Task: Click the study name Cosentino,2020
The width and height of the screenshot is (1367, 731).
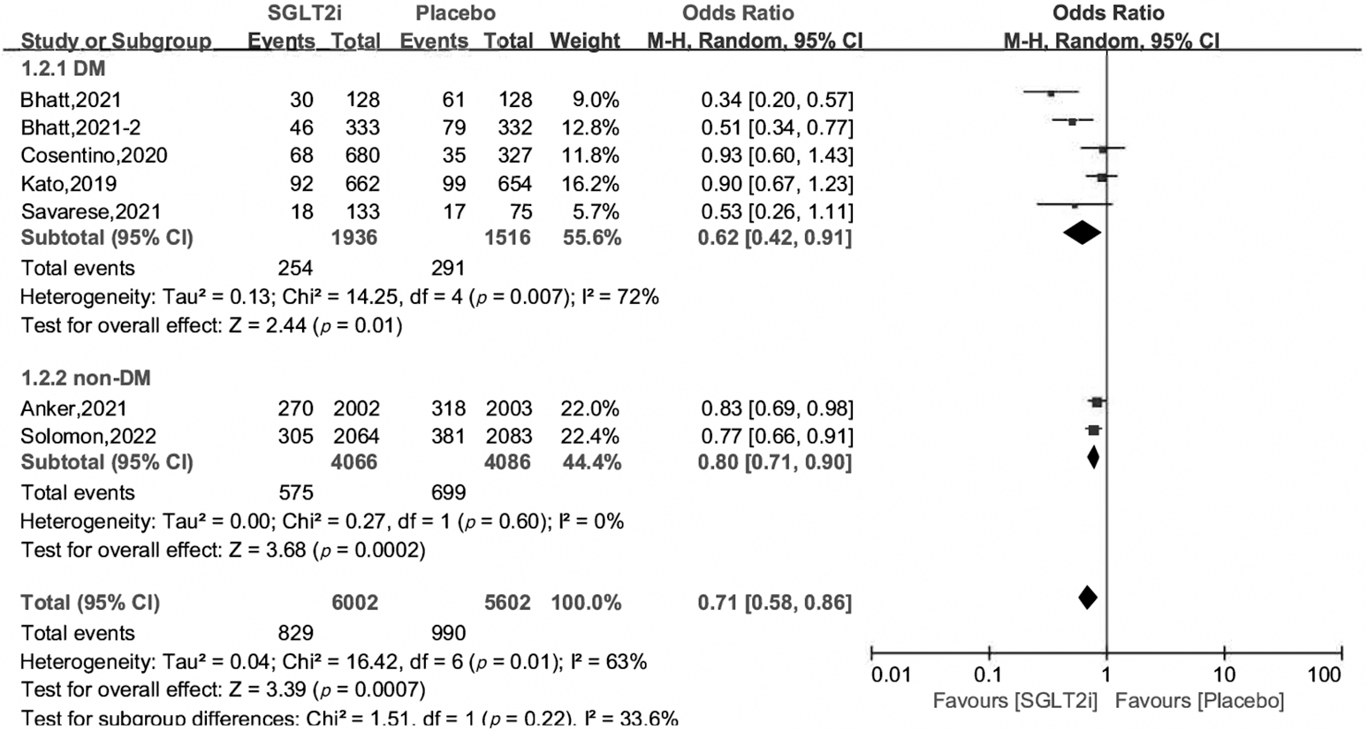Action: (x=94, y=156)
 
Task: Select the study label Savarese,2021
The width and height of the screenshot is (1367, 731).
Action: (x=89, y=212)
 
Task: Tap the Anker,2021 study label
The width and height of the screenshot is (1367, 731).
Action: (x=74, y=408)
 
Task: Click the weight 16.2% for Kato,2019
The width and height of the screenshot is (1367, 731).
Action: (x=589, y=184)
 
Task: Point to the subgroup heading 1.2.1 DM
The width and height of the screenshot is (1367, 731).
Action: (x=64, y=69)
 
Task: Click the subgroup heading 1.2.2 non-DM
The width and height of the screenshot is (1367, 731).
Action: (x=86, y=378)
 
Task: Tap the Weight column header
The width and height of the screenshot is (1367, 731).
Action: (x=585, y=41)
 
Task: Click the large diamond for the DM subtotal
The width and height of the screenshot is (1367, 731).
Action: (x=1082, y=232)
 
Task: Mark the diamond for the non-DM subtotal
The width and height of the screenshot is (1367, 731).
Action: (x=1093, y=457)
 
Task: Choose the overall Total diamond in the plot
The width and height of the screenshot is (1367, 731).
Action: (x=1088, y=597)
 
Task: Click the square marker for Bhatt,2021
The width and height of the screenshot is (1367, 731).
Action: (x=1051, y=93)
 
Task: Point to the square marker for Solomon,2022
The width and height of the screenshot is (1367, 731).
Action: (x=1093, y=430)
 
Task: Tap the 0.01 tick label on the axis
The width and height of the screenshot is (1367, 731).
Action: (x=890, y=676)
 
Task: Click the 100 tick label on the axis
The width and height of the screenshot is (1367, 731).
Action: (x=1324, y=676)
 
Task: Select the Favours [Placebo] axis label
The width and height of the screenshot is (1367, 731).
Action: (x=1199, y=702)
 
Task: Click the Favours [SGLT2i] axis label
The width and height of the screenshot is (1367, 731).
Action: (x=1015, y=702)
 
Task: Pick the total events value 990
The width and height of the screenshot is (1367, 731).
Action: (x=448, y=633)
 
